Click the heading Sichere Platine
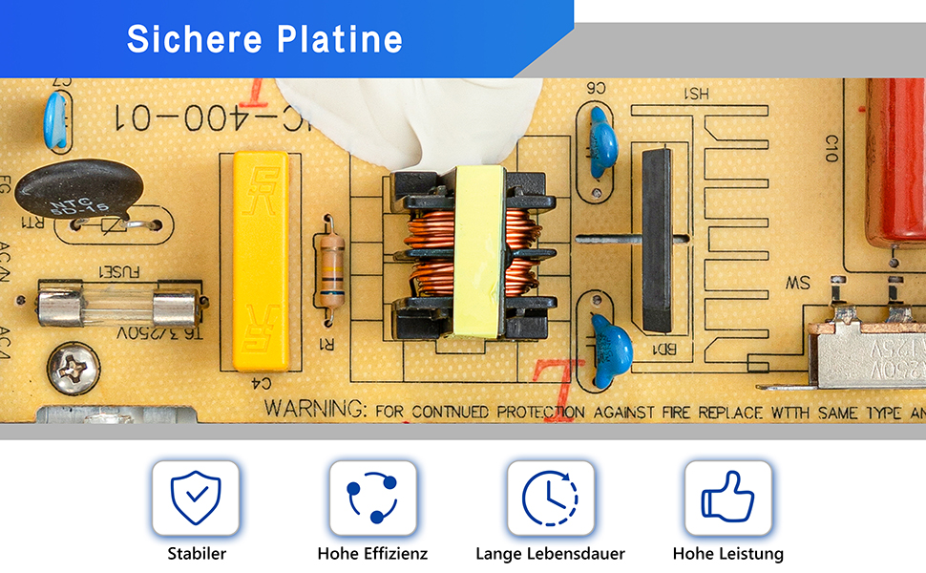264,39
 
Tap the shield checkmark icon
196,498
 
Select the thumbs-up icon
727,498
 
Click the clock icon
550,498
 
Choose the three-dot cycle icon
372,498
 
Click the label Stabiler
197,554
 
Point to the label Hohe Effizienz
372,554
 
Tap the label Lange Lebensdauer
550,554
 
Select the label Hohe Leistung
727,554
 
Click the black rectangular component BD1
657,240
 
